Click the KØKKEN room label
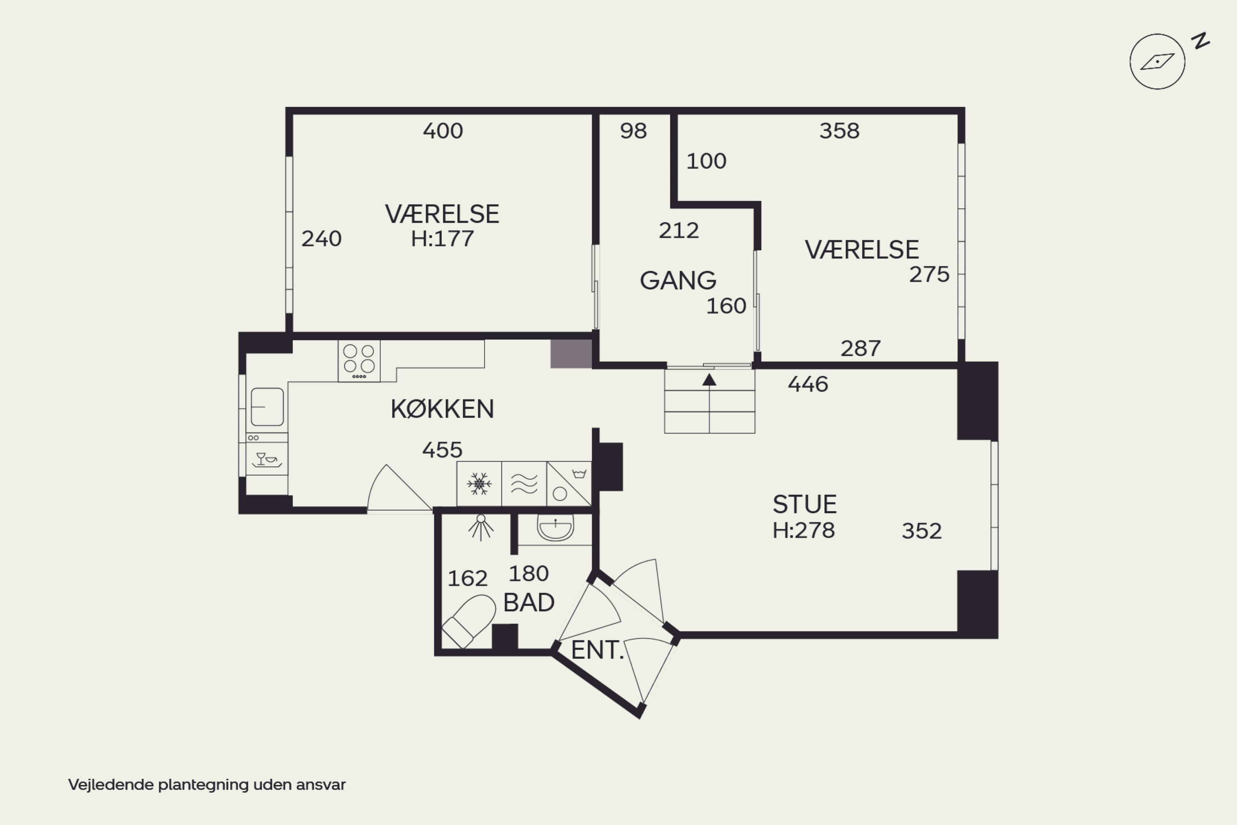point(442,409)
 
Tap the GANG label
point(678,280)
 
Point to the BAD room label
point(529,602)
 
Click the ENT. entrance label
point(597,651)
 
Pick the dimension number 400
point(443,131)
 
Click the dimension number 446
point(808,384)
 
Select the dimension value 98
point(633,131)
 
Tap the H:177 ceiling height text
point(442,239)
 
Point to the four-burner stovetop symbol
point(359,361)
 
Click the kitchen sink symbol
point(267,407)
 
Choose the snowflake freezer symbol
point(479,483)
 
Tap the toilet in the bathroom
point(468,621)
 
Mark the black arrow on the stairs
point(709,379)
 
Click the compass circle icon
point(1157,61)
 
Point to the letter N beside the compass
point(1200,40)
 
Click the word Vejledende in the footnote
point(111,785)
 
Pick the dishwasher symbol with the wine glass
point(267,459)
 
